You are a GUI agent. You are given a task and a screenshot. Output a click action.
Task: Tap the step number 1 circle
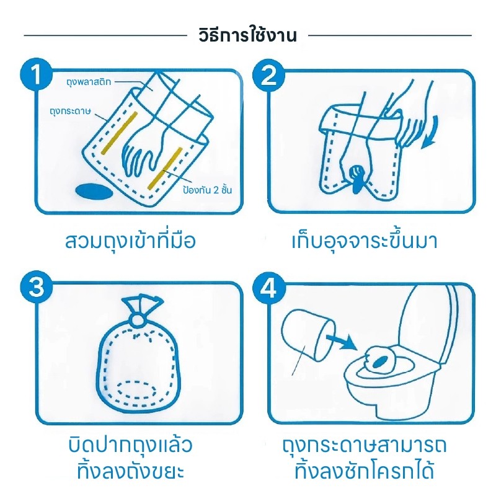point(37,74)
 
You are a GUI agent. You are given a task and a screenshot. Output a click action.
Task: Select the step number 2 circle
point(268,75)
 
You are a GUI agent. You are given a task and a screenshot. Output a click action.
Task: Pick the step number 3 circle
point(37,287)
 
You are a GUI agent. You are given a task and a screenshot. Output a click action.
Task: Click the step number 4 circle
point(268,288)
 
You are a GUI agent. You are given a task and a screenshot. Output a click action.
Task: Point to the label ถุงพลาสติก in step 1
point(89,82)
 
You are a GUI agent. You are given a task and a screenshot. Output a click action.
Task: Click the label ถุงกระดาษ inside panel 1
point(71,112)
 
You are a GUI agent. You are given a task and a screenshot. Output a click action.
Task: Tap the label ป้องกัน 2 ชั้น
point(207,190)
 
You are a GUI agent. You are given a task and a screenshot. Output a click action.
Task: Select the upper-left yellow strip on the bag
point(119,133)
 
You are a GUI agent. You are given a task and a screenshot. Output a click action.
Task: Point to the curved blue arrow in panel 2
point(431,133)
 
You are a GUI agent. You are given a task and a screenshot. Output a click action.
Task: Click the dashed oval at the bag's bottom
point(136,389)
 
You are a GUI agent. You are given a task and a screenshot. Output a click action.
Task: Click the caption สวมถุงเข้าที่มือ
point(130,241)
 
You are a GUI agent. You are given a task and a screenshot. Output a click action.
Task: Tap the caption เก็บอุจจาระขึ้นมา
point(365,241)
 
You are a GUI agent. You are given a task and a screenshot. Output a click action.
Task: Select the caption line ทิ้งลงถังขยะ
point(130,471)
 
